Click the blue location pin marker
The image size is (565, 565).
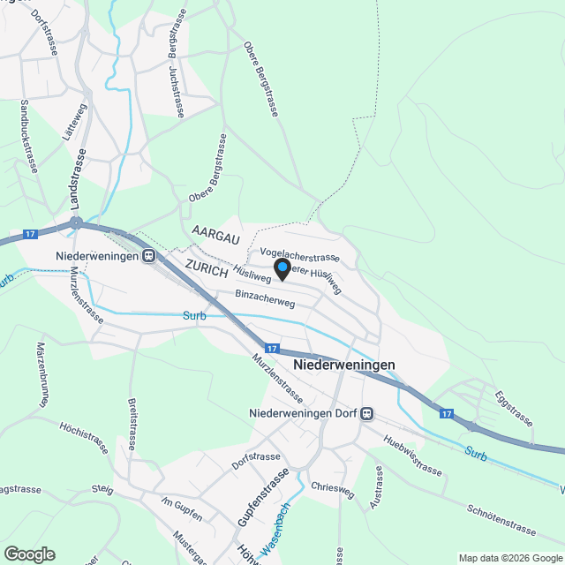coord(282,268)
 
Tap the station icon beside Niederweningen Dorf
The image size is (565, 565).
coord(367,412)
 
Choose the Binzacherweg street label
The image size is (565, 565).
coord(265,298)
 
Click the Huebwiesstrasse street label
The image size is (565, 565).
coord(412,455)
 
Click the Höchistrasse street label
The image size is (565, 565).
coord(86,437)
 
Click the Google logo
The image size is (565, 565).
coord(29,554)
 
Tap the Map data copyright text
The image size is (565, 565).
coord(509,557)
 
